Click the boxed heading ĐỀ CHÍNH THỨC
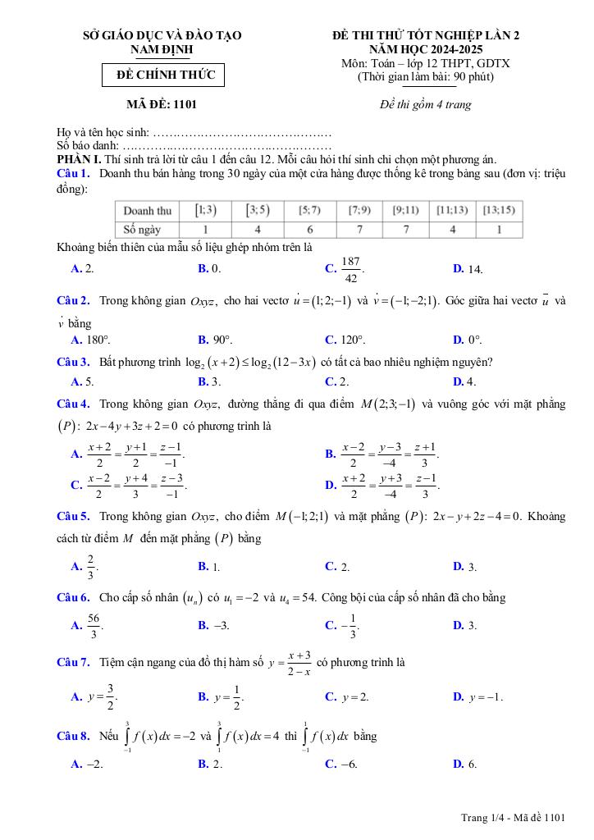coord(162,75)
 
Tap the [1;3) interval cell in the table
coord(205,211)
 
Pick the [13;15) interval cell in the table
coord(499,211)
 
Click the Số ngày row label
coord(142,230)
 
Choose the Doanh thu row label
coord(148,211)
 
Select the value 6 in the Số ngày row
coord(310,230)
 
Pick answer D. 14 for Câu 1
coord(468,268)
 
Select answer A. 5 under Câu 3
coord(83,381)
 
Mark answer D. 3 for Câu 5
coord(464,567)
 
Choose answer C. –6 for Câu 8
coord(340,764)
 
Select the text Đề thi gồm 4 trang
coord(426,104)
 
